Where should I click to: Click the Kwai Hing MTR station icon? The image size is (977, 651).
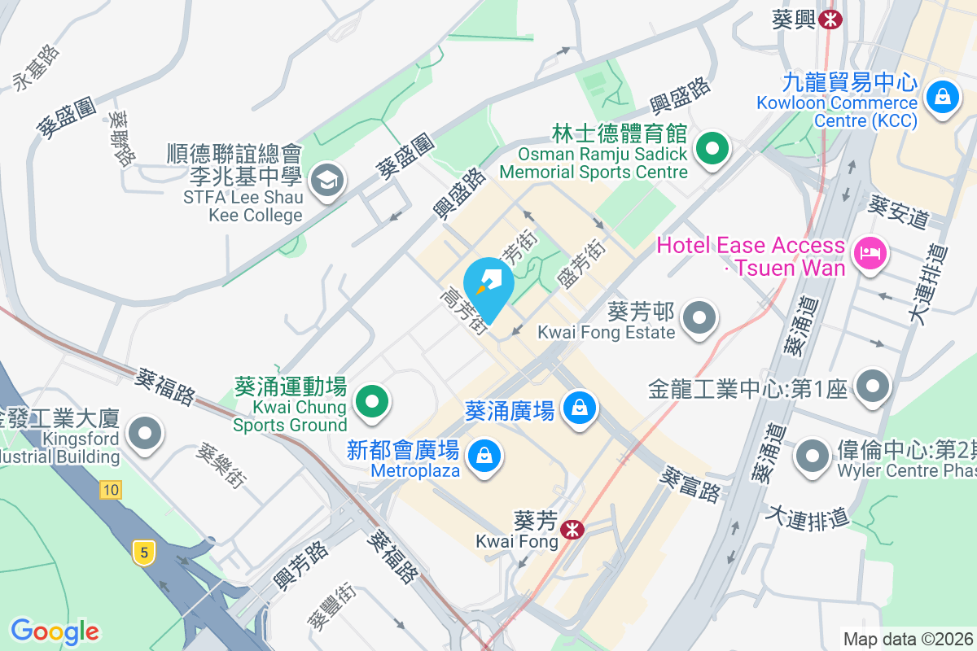(830, 20)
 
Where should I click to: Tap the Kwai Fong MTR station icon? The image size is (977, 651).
(572, 530)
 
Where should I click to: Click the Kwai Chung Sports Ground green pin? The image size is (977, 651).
(372, 400)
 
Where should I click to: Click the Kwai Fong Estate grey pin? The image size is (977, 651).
(699, 318)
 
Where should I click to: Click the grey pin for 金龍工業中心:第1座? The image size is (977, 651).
(873, 387)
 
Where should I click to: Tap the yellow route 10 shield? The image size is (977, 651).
(111, 490)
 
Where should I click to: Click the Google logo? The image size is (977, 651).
(55, 631)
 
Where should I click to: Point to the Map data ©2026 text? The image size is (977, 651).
(908, 640)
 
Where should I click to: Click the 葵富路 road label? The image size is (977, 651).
(691, 483)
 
